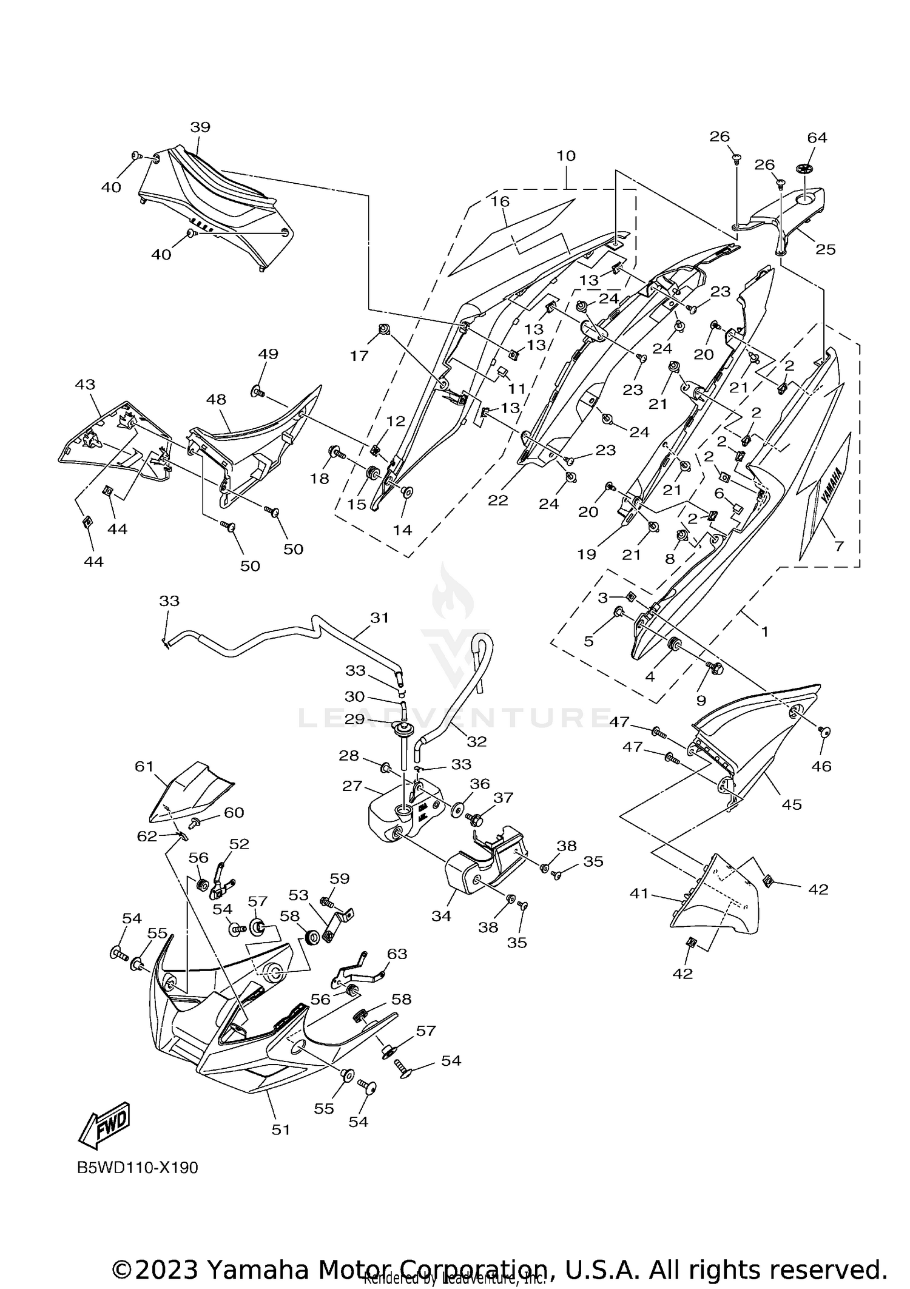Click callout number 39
[x=200, y=127]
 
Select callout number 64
[x=817, y=138]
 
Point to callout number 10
[x=565, y=156]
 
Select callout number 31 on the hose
[x=379, y=618]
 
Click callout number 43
[x=86, y=385]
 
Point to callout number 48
[x=216, y=399]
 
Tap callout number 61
[x=144, y=767]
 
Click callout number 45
[x=792, y=804]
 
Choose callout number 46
[x=821, y=766]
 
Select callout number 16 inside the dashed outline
[x=501, y=201]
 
